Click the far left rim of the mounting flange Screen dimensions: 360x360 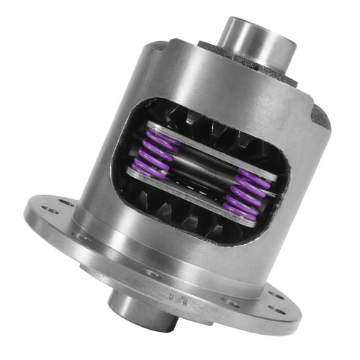coord(29,216)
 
